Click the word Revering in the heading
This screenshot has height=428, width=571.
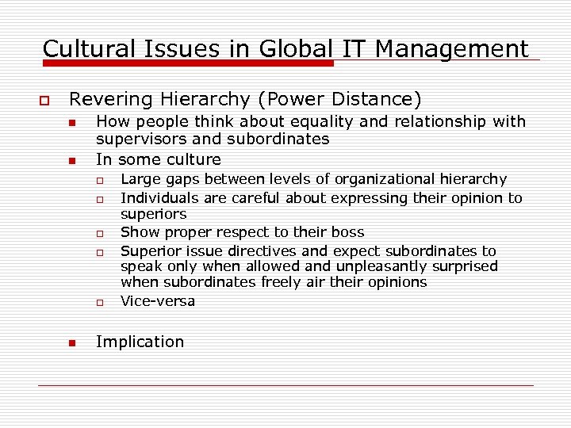point(109,100)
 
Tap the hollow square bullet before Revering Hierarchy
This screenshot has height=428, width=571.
point(44,101)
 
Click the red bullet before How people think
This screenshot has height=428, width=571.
point(71,124)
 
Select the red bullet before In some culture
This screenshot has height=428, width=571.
point(71,160)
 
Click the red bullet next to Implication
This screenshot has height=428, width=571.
point(71,343)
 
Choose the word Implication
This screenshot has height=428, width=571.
point(140,342)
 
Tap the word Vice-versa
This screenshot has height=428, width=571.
point(157,301)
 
